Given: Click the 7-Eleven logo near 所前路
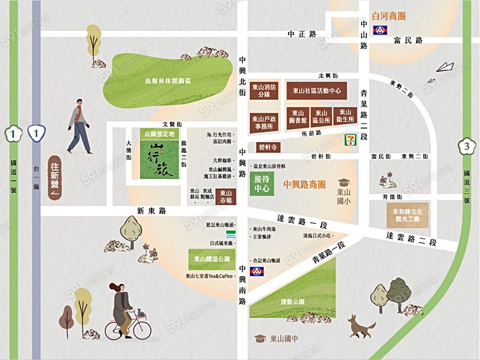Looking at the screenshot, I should [348, 141].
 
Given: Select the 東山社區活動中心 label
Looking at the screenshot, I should [317, 91].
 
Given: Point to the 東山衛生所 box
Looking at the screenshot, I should [345, 116].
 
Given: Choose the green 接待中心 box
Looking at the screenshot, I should [261, 184].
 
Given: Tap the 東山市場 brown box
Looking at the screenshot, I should [226, 196].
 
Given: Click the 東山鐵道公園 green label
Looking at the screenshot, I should [212, 259].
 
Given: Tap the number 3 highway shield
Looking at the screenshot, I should [466, 146].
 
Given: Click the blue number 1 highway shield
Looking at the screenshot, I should [36, 133].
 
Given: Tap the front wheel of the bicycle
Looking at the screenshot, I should [142, 330].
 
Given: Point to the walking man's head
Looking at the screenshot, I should [79, 102].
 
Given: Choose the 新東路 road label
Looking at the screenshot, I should [151, 211].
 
